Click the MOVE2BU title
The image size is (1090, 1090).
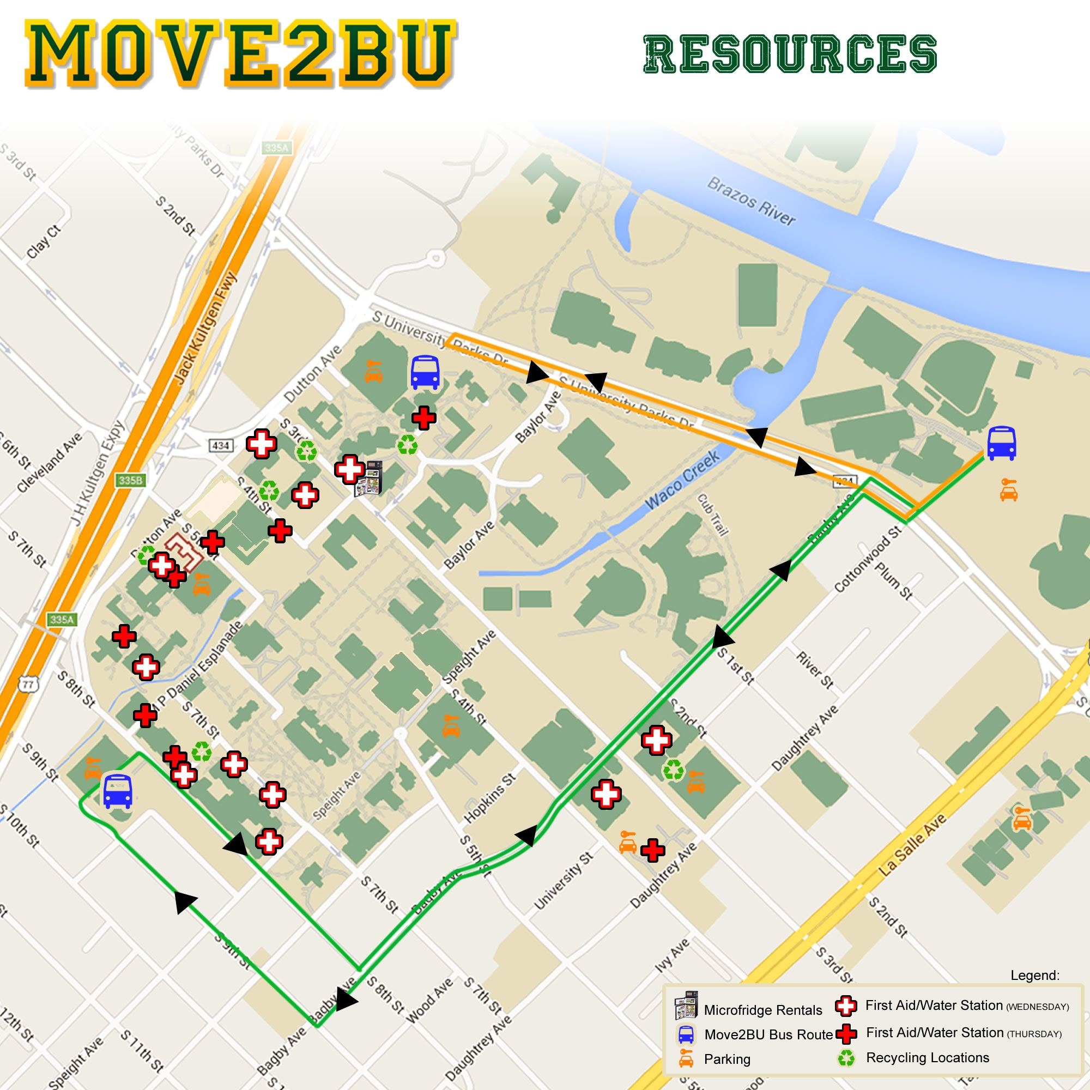click(x=240, y=54)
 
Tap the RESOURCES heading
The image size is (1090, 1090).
click(x=790, y=54)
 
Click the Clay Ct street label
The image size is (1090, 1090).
click(x=44, y=242)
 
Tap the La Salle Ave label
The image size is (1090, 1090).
click(x=912, y=844)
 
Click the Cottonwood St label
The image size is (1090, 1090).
click(x=868, y=559)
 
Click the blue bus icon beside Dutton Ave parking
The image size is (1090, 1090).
click(x=425, y=372)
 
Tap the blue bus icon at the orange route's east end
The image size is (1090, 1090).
click(x=1001, y=444)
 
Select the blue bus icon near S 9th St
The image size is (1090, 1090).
click(x=117, y=791)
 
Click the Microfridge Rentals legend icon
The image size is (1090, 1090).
click(x=686, y=1005)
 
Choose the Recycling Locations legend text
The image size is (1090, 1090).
click(x=928, y=1058)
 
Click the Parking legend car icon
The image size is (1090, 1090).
click(x=686, y=1058)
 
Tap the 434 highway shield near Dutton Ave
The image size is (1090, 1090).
click(x=221, y=446)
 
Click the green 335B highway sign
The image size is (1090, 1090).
click(x=130, y=480)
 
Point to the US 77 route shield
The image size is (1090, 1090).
click(x=28, y=685)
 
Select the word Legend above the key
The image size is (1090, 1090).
click(x=1035, y=975)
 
